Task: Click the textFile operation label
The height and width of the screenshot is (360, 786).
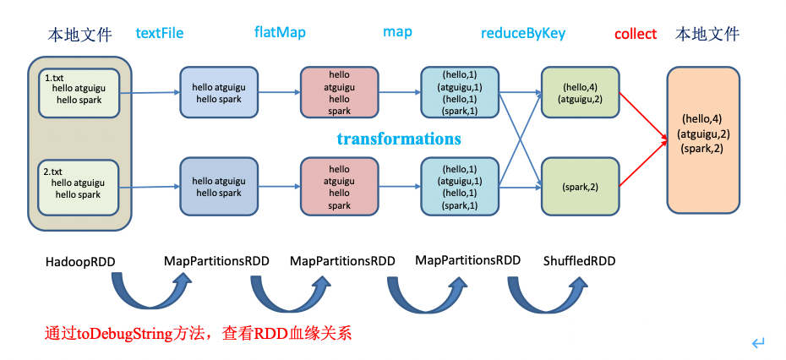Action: tap(160, 34)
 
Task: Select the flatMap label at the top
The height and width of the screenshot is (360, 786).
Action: tap(280, 33)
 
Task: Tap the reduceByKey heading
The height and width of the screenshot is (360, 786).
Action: tap(523, 34)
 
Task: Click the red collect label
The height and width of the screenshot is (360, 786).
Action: tap(636, 35)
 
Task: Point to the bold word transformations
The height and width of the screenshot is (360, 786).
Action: tap(399, 139)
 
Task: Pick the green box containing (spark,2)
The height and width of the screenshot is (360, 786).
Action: tap(581, 185)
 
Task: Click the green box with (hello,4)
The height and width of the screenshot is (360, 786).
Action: tap(581, 92)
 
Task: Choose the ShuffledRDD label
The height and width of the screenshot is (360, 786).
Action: tap(579, 261)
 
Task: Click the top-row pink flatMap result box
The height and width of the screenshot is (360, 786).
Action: tap(338, 93)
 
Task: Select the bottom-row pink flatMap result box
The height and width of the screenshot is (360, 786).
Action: tap(338, 187)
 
